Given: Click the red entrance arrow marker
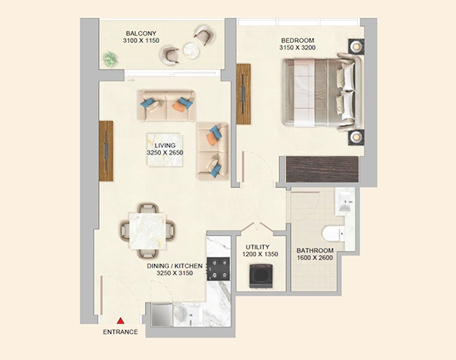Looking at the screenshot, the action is (x=120, y=321).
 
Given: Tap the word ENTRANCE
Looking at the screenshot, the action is (x=120, y=332).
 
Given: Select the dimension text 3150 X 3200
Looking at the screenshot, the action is (x=297, y=48).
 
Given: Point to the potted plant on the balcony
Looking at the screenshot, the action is (x=110, y=59).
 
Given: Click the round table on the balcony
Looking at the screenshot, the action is (x=191, y=50).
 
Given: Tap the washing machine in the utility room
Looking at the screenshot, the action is (x=261, y=276).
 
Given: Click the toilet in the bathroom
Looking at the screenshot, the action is (x=333, y=233).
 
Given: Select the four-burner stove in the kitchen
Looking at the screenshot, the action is (x=218, y=268).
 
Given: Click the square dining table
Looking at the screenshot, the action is (x=147, y=231).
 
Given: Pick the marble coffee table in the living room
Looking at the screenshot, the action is (x=165, y=150).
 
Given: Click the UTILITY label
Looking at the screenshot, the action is (x=257, y=247).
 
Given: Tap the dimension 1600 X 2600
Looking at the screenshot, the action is (x=315, y=258).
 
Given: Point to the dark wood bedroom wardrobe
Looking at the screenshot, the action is (x=322, y=170).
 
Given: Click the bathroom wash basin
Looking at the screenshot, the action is (x=345, y=202).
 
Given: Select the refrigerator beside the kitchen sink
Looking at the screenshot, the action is (x=162, y=315).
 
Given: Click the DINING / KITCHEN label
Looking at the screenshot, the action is (x=175, y=266).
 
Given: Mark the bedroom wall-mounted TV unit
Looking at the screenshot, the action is (x=244, y=94).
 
